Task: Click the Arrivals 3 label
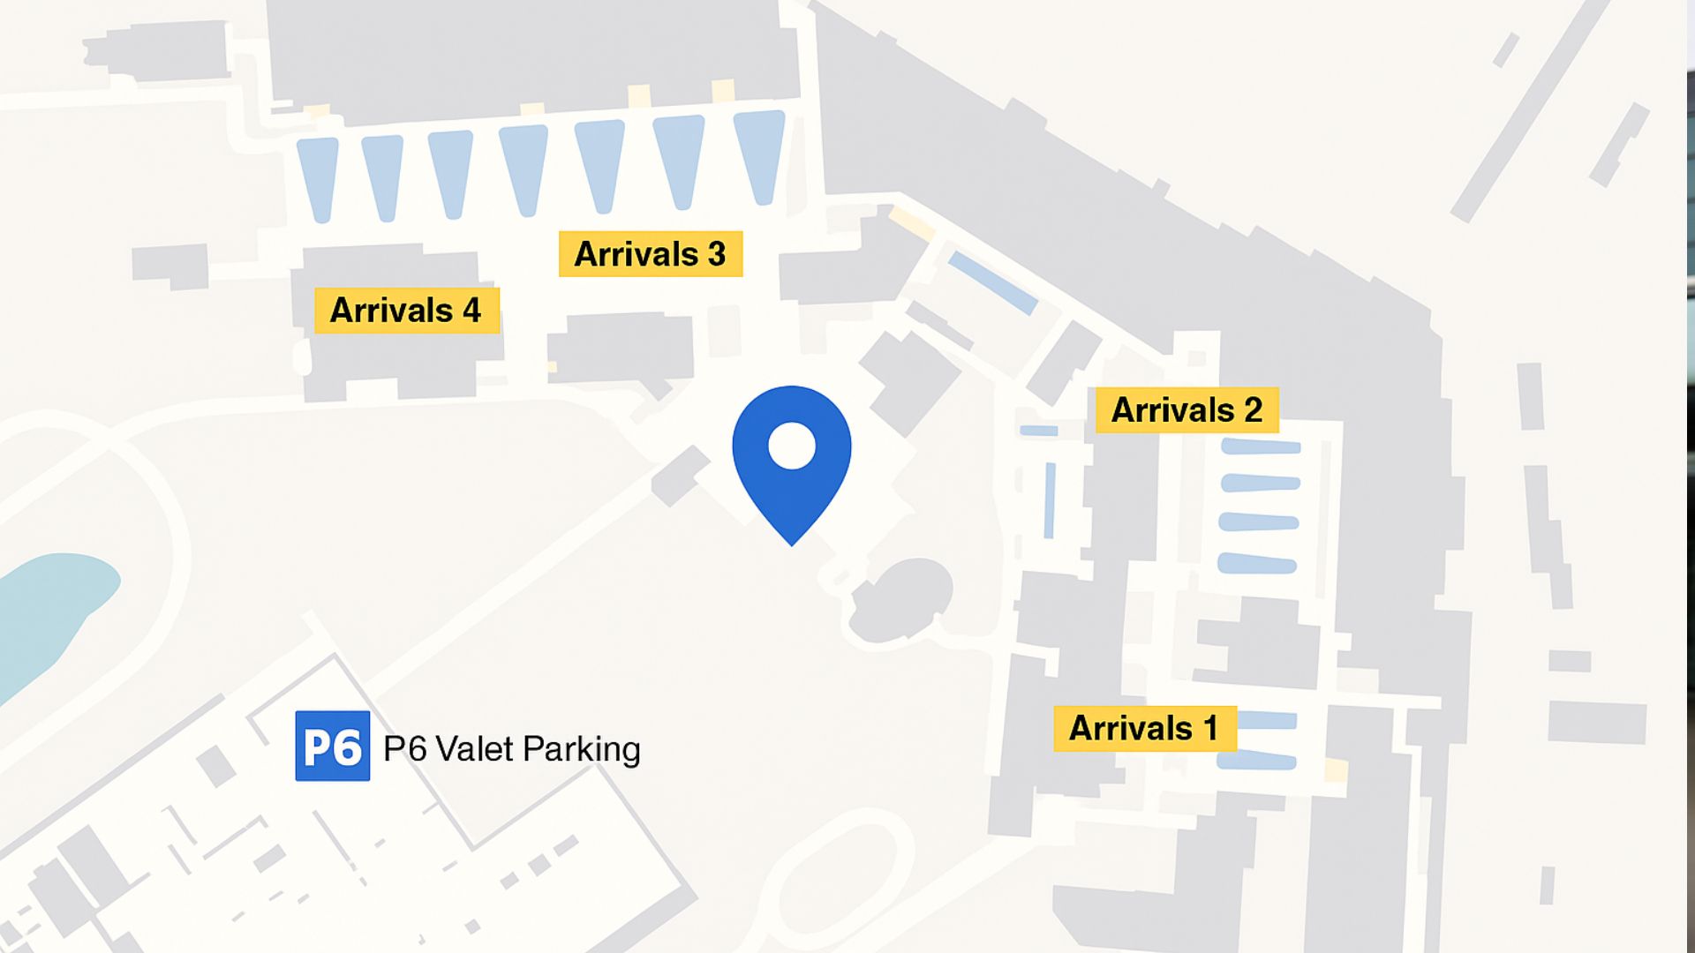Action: pyautogui.click(x=650, y=254)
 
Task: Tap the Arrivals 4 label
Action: pyautogui.click(x=406, y=311)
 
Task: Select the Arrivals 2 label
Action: pyautogui.click(x=1186, y=410)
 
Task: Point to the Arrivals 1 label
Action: pyautogui.click(x=1144, y=729)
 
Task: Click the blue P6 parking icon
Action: pyautogui.click(x=332, y=747)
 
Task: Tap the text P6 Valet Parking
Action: pyautogui.click(x=512, y=749)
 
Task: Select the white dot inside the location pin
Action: pyautogui.click(x=792, y=446)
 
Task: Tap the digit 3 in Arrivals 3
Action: pyautogui.click(x=717, y=254)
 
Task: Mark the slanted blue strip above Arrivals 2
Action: pyautogui.click(x=993, y=282)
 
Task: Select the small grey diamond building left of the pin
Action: pyautogui.click(x=681, y=476)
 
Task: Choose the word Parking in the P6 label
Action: pyautogui.click(x=582, y=750)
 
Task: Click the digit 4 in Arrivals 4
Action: pyautogui.click(x=472, y=311)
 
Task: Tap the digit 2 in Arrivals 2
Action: pyautogui.click(x=1253, y=410)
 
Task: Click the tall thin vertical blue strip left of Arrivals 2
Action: pyautogui.click(x=1050, y=500)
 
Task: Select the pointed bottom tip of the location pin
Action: pyautogui.click(x=792, y=542)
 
